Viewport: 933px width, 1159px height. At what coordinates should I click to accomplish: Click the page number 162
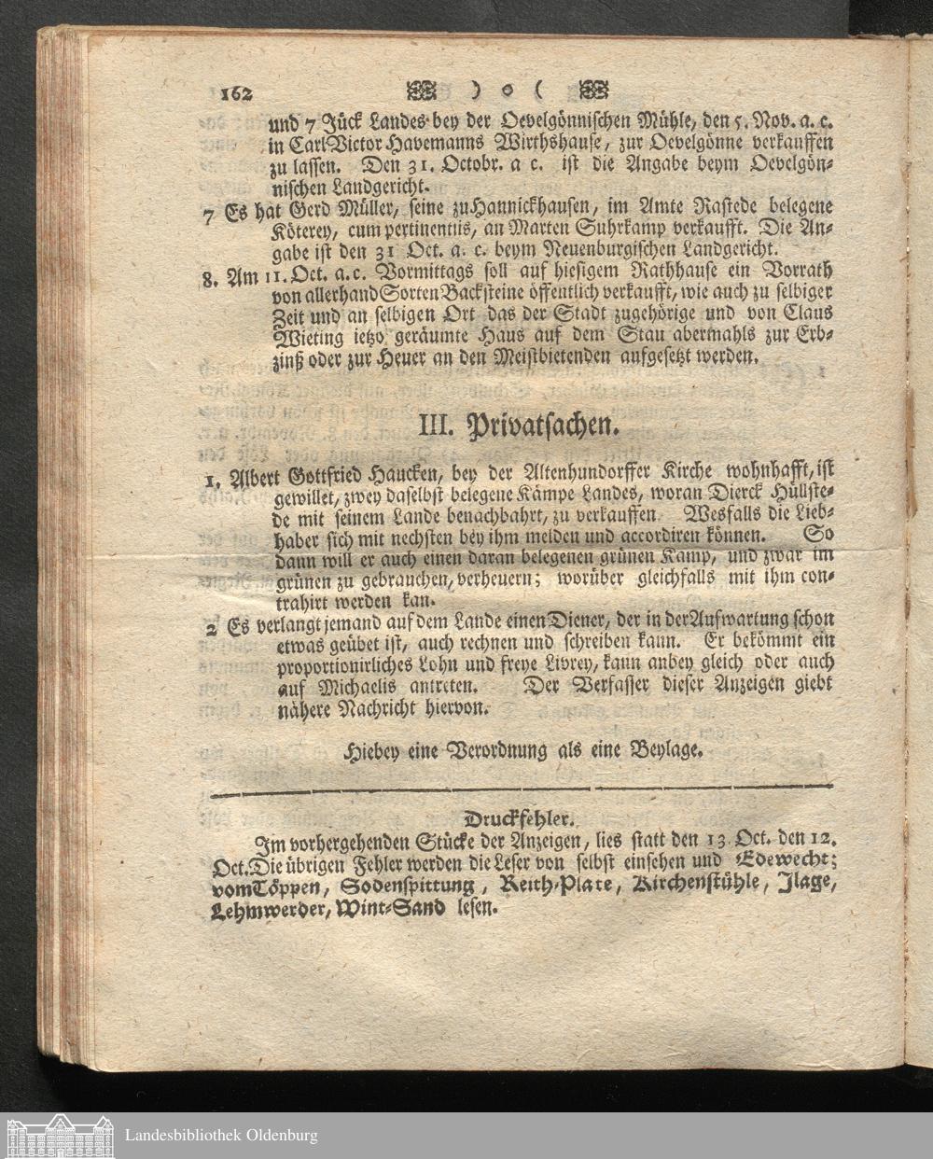[x=237, y=93]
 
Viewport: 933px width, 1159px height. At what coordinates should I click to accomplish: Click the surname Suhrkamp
[x=601, y=230]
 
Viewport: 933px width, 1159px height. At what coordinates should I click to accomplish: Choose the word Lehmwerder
[x=271, y=907]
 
